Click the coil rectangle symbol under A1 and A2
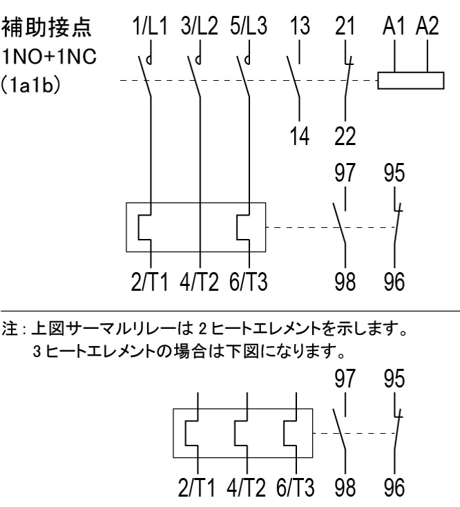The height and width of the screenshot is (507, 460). tap(410, 81)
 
